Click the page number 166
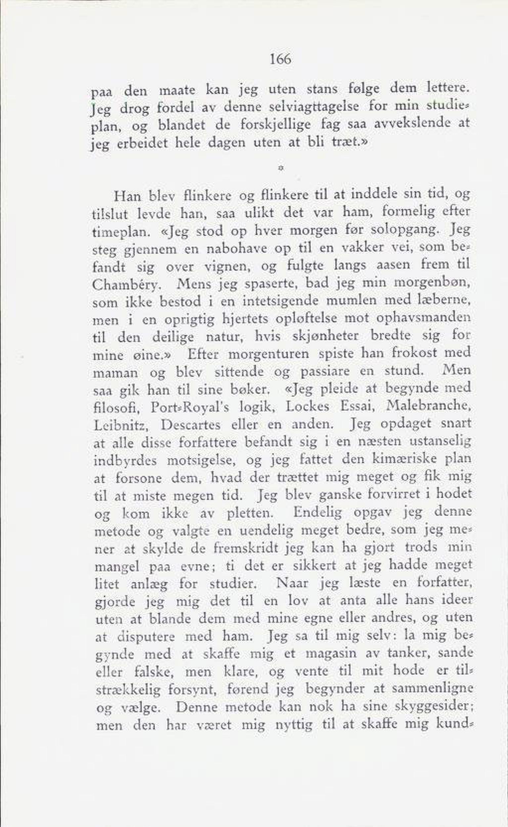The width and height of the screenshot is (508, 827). pos(280,60)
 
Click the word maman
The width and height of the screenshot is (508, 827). pos(115,373)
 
